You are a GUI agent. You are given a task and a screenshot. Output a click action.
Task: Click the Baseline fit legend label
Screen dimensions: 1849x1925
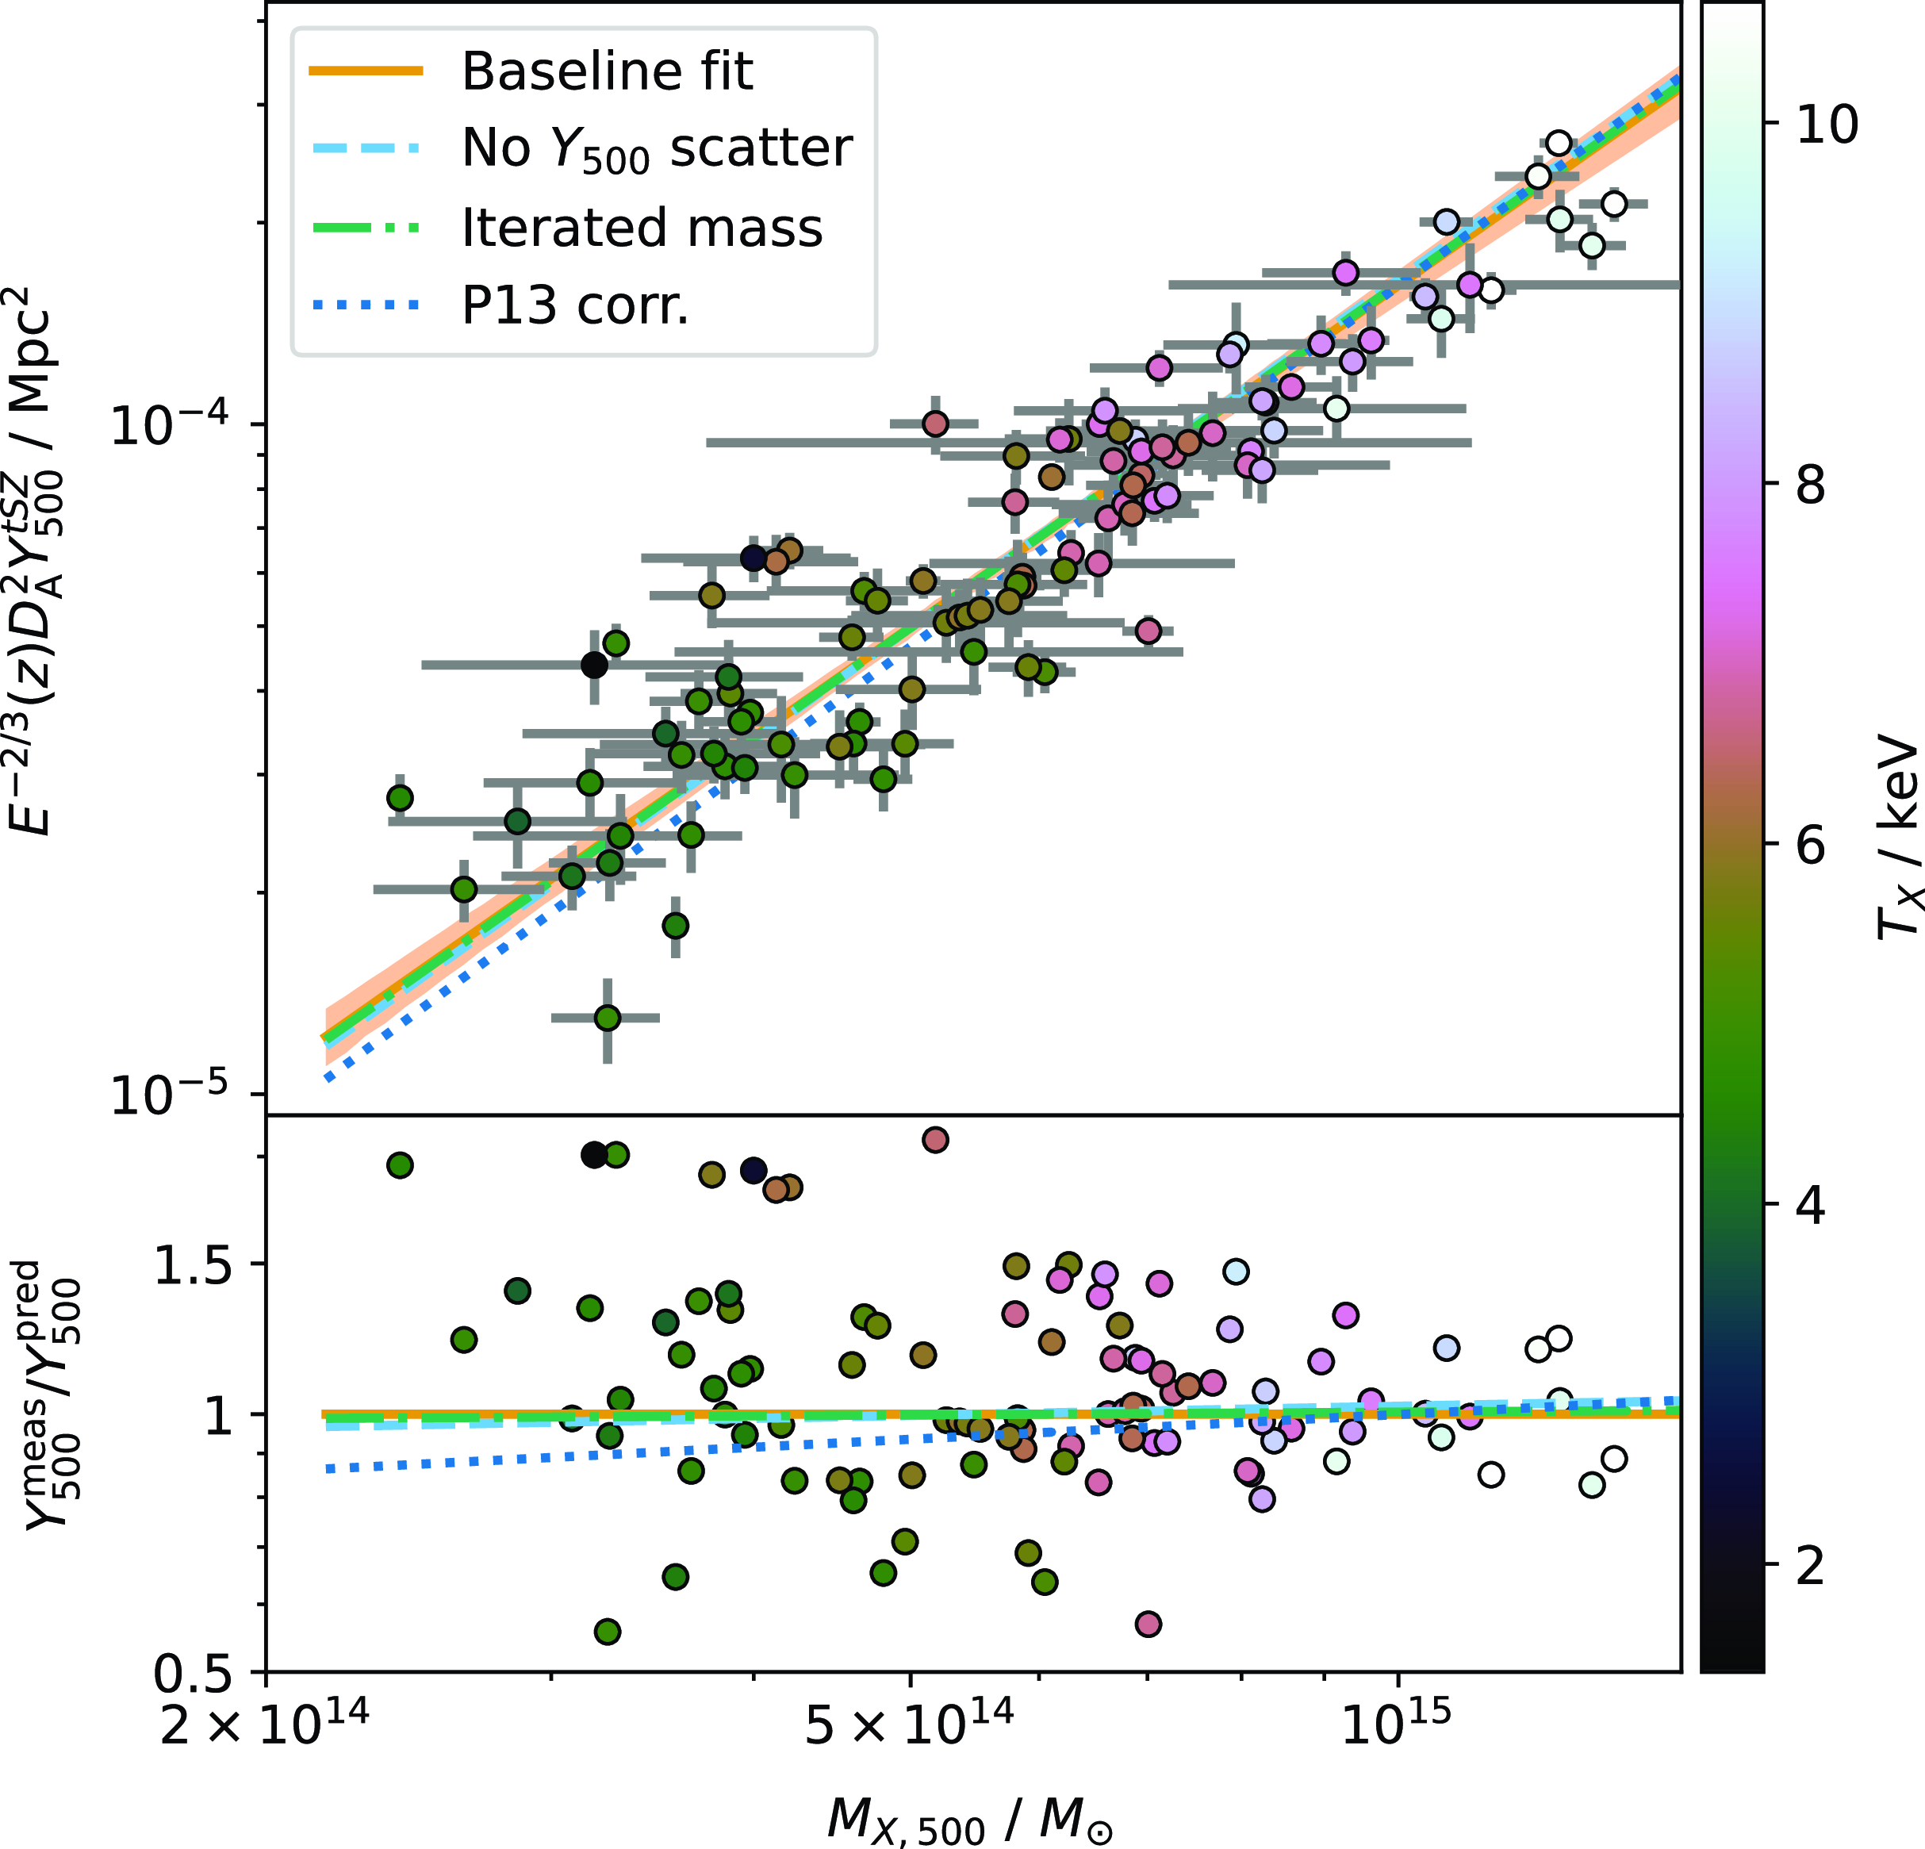[x=607, y=71]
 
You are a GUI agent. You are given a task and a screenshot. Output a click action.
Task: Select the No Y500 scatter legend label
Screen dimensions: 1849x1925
[x=656, y=149]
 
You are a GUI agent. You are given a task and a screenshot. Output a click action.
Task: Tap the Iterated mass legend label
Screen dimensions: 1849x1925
[x=642, y=228]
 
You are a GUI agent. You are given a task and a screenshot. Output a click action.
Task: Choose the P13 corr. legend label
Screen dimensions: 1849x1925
[x=576, y=306]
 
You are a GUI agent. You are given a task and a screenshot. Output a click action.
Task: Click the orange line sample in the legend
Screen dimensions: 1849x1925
[x=366, y=71]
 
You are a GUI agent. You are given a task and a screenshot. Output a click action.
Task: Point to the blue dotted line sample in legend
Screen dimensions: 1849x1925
[x=366, y=306]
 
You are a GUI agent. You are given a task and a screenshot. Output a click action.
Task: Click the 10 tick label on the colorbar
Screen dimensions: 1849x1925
[x=1827, y=125]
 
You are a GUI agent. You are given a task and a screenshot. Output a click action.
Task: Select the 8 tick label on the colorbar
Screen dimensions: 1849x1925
[x=1811, y=485]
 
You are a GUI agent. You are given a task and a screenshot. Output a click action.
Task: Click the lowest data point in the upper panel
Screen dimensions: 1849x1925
[x=608, y=1018]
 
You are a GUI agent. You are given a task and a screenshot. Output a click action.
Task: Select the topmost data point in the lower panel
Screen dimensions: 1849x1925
[x=935, y=1140]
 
